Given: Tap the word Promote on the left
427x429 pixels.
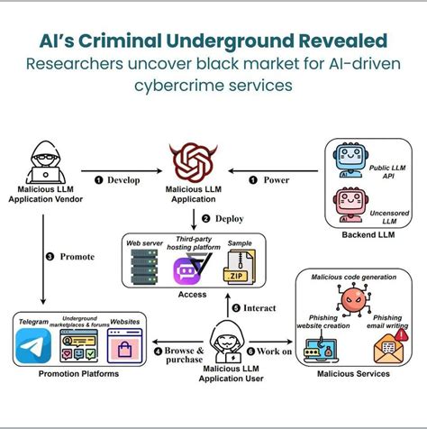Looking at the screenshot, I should click(x=77, y=256).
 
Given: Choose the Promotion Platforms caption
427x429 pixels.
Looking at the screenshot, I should click(x=67, y=374).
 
